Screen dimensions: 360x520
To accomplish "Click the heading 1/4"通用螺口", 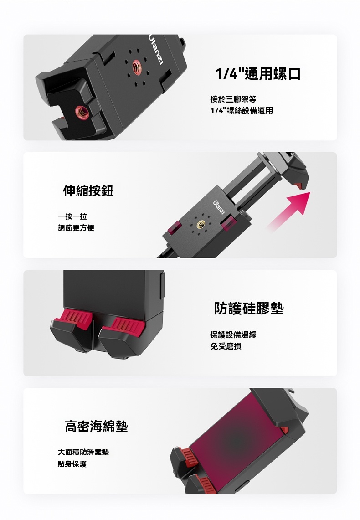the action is [258, 73].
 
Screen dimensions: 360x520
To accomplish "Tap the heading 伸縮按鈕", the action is [88, 190].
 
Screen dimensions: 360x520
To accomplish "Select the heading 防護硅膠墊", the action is [249, 308].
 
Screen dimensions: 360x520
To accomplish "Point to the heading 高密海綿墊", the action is [96, 426].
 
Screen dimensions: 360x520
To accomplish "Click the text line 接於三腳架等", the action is [233, 99].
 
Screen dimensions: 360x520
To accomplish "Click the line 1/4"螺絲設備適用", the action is [242, 111].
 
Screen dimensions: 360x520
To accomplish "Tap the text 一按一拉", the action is [72, 216].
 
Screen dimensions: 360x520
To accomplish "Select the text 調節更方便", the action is [76, 228].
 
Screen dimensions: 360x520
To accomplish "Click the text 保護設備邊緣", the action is [233, 335].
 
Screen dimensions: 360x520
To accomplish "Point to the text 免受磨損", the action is [226, 346].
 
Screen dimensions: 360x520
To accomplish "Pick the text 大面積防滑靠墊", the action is [83, 452].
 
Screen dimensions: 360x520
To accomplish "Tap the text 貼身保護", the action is [72, 464].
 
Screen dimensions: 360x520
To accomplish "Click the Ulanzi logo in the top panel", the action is [156, 49].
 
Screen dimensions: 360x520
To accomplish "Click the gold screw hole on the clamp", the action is [201, 225].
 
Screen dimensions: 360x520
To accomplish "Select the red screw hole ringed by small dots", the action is [137, 67].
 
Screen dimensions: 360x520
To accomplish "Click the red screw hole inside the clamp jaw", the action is [82, 112].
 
